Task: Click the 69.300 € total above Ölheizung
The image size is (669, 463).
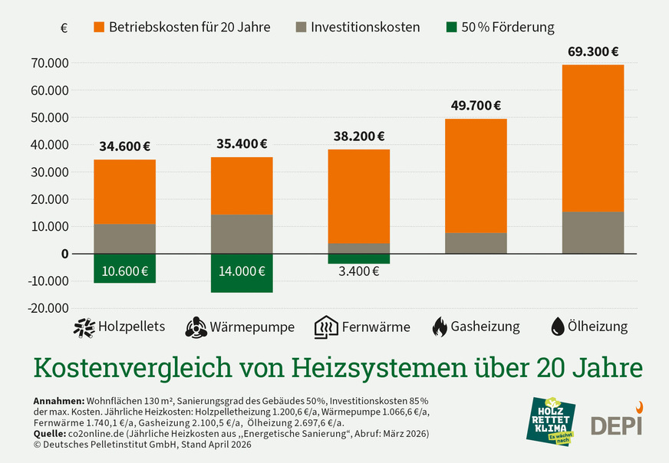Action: point(593,52)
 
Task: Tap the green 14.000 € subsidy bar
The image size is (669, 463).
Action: point(242,272)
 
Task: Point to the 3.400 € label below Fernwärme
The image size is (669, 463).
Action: point(359,271)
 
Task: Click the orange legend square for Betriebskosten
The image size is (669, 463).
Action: point(99,27)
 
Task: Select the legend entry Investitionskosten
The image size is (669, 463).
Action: point(365,27)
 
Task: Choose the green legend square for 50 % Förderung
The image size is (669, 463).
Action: point(452,27)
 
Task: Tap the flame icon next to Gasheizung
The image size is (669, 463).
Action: point(440,327)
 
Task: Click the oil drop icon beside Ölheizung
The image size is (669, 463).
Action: point(558,327)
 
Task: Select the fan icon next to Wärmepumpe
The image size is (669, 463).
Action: point(196,327)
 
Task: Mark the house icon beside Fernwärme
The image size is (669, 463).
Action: point(326,327)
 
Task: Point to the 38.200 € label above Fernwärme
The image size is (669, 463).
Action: point(359,136)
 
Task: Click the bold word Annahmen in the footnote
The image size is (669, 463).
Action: point(59,402)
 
